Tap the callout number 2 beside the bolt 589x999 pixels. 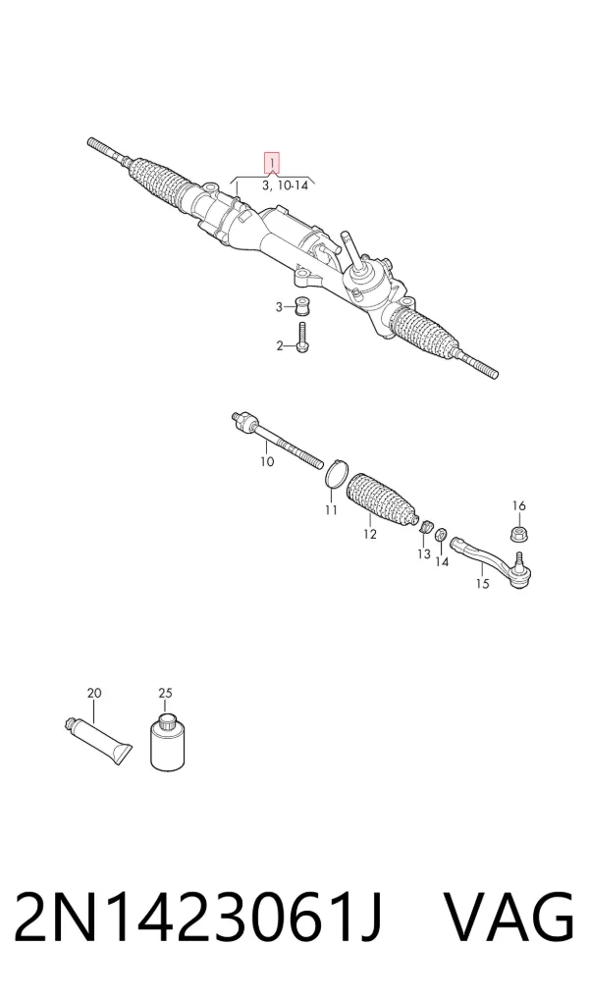coord(279,346)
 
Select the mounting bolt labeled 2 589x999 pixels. coord(301,337)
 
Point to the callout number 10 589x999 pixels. coord(267,460)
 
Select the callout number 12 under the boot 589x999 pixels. coord(370,534)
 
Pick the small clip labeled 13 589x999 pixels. coord(428,528)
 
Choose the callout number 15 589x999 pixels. coord(483,584)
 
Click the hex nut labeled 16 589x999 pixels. coord(519,532)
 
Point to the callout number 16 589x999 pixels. coord(519,505)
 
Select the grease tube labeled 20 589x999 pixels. coord(99,739)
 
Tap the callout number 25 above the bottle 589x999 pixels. coord(165,693)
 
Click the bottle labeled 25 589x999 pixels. coord(167,742)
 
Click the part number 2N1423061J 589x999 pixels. coord(198,919)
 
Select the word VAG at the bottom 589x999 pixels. coord(509,919)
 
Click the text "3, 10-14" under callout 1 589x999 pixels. coord(285,185)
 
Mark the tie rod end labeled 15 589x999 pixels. coord(494,560)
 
